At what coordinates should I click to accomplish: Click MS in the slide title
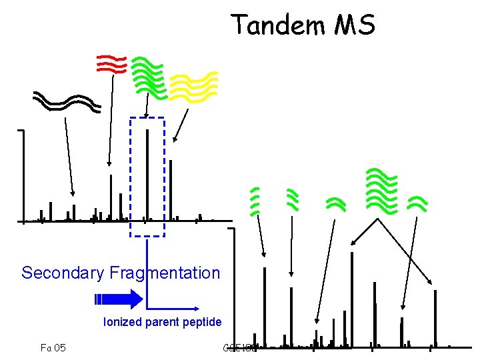(x=354, y=26)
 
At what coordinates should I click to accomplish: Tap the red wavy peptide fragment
(x=111, y=63)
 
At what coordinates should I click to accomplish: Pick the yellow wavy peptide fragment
(x=193, y=86)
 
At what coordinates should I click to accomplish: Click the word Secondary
(x=63, y=273)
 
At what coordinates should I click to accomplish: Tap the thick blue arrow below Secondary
(x=119, y=298)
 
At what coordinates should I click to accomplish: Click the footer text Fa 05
(x=53, y=347)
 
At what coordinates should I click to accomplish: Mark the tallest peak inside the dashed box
(x=147, y=173)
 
